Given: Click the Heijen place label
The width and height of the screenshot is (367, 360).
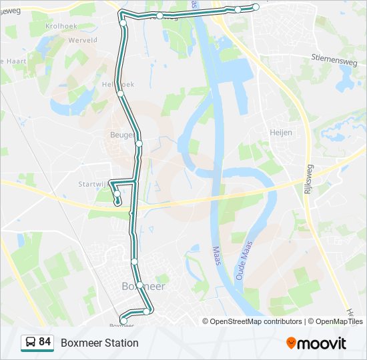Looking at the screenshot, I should (x=281, y=133).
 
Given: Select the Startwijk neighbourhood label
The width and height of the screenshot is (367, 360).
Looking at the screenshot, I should (x=93, y=184).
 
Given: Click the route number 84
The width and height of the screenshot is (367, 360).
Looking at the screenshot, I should (x=45, y=342).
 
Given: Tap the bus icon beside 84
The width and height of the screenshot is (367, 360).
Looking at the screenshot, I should (x=30, y=343).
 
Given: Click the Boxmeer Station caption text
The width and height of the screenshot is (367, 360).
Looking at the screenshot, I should (x=99, y=343).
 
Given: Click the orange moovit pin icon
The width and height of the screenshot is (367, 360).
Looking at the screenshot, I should (x=291, y=343).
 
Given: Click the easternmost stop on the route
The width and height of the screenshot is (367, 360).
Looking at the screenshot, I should (x=256, y=7).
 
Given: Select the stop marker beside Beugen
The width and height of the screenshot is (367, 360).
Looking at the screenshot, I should (x=139, y=143).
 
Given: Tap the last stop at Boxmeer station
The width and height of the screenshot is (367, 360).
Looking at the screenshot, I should (x=123, y=321).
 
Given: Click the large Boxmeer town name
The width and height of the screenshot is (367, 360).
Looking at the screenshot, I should (x=143, y=286).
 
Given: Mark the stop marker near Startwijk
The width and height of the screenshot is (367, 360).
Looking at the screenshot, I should (x=117, y=195).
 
